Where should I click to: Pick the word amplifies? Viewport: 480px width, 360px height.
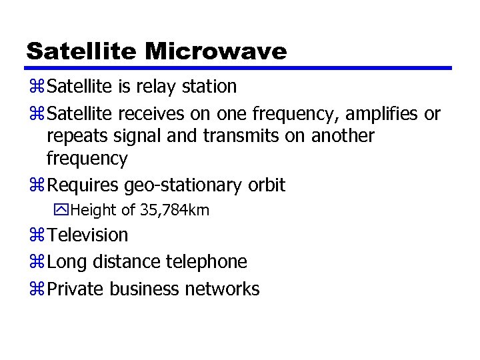[x=380, y=114]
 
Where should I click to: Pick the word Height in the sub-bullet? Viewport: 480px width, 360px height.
[x=93, y=211]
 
